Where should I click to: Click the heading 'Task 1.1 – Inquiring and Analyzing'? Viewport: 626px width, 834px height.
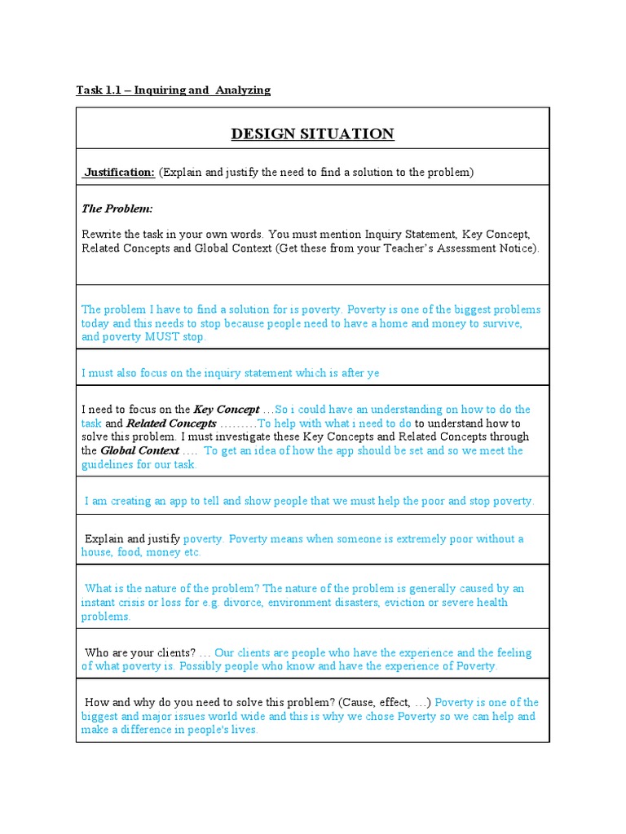174,90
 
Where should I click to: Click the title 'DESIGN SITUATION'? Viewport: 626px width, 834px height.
312,134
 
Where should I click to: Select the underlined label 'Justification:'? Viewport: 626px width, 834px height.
120,172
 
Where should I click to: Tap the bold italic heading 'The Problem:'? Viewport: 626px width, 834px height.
117,209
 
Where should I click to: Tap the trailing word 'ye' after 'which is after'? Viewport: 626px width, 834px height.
373,373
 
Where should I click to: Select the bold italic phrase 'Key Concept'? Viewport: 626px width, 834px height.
226,410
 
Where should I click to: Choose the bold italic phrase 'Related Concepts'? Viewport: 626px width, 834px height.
171,424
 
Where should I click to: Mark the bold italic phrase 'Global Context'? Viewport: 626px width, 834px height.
139,450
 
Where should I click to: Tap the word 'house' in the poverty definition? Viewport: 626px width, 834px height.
97,552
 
